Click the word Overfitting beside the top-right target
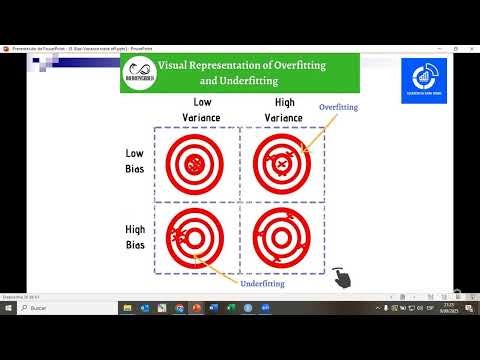(338, 107)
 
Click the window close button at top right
(472, 45)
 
